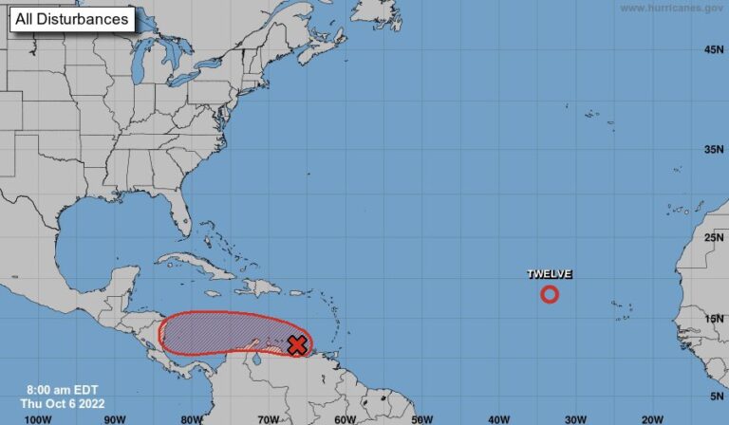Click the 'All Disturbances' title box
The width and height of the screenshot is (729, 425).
[72, 18]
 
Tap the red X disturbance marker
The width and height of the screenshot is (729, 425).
[297, 345]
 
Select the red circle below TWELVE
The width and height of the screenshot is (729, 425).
[550, 294]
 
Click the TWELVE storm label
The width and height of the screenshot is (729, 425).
[550, 275]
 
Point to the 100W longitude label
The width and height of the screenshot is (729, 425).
[37, 418]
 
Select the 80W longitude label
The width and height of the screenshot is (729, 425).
[191, 418]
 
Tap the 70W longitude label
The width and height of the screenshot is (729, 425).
[268, 418]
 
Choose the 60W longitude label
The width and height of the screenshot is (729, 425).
[345, 418]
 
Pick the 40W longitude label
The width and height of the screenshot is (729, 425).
[497, 418]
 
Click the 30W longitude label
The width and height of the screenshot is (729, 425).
[574, 418]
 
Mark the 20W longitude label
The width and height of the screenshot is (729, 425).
[651, 418]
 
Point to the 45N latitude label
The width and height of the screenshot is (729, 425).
[714, 49]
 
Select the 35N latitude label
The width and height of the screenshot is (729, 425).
[714, 150]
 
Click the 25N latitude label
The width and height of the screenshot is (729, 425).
[714, 237]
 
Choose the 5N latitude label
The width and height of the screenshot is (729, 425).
[716, 396]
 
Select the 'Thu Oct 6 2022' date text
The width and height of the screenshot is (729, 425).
[59, 403]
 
